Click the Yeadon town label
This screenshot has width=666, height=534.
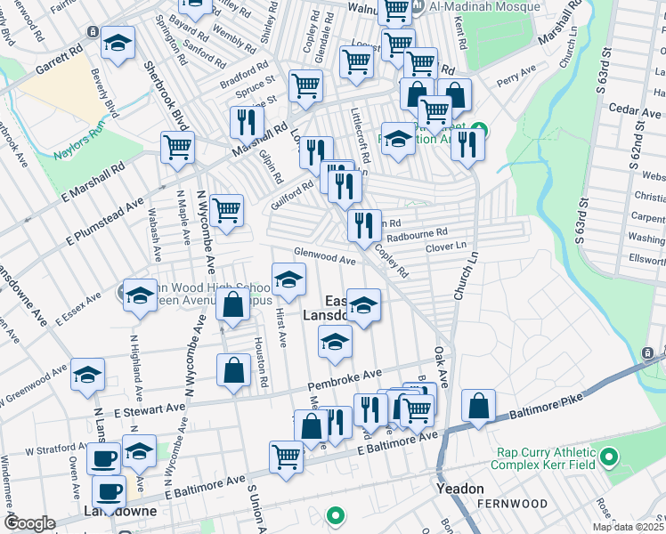pyautogui.click(x=459, y=489)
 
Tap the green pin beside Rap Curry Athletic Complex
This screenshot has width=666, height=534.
pyautogui.click(x=609, y=458)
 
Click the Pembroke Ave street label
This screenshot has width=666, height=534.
pyautogui.click(x=345, y=379)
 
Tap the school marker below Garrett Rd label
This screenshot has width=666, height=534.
pyautogui.click(x=117, y=44)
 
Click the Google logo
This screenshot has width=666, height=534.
pyautogui.click(x=29, y=523)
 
